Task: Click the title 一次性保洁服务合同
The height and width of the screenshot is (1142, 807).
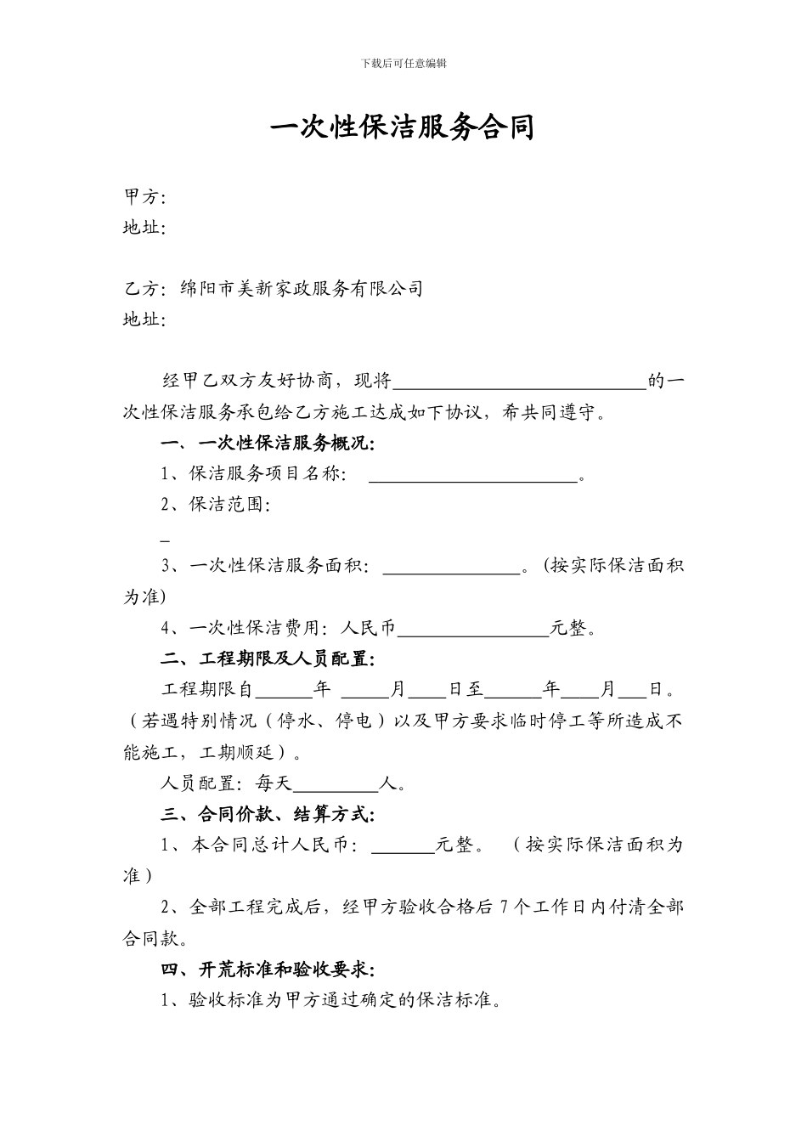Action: coord(403,127)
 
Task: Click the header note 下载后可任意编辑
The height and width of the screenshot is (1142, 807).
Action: coord(403,63)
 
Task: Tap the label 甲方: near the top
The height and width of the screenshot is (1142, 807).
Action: coord(144,197)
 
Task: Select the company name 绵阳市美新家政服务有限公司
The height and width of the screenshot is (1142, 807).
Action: coord(302,289)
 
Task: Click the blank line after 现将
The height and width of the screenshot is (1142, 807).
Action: coord(519,382)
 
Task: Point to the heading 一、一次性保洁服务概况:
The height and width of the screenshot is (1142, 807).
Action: coord(268,444)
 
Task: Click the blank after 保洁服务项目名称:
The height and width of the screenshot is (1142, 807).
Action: coord(472,476)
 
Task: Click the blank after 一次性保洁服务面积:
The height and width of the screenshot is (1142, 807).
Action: coord(451,568)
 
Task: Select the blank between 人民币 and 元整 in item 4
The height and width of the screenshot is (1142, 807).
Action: coord(473,630)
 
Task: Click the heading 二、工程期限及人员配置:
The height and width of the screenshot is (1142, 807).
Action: coord(268,659)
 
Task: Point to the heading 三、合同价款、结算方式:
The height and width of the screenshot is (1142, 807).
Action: coord(268,814)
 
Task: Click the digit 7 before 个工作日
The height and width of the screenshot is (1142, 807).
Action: coord(506,907)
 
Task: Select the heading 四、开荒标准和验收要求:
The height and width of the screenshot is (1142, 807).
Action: coord(268,970)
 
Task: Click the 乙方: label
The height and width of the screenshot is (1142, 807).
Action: coord(144,289)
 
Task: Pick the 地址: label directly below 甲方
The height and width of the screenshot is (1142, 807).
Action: coord(144,228)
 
